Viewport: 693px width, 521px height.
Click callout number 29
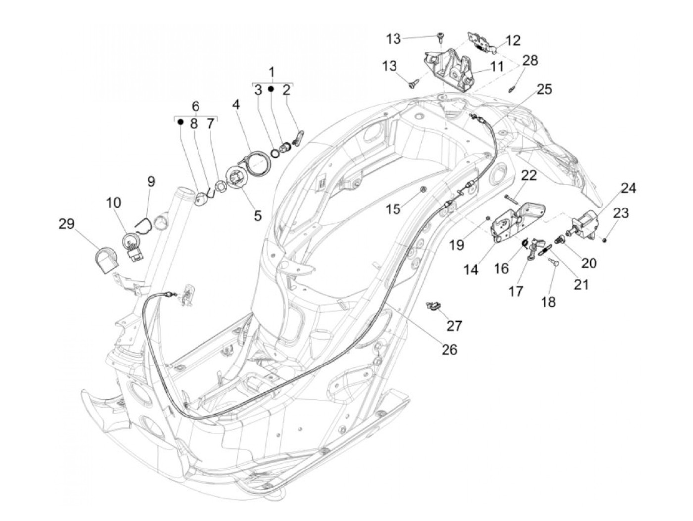click(66, 224)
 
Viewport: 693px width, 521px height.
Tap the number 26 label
click(449, 349)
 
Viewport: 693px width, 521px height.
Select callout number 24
click(628, 188)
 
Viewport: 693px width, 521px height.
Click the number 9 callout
click(151, 181)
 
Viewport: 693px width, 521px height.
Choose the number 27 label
click(454, 325)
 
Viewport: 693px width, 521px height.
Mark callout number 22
click(529, 176)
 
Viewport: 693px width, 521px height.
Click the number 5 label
click(257, 216)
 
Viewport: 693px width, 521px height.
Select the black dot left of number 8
click(181, 122)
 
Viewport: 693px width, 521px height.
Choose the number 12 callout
click(513, 40)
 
